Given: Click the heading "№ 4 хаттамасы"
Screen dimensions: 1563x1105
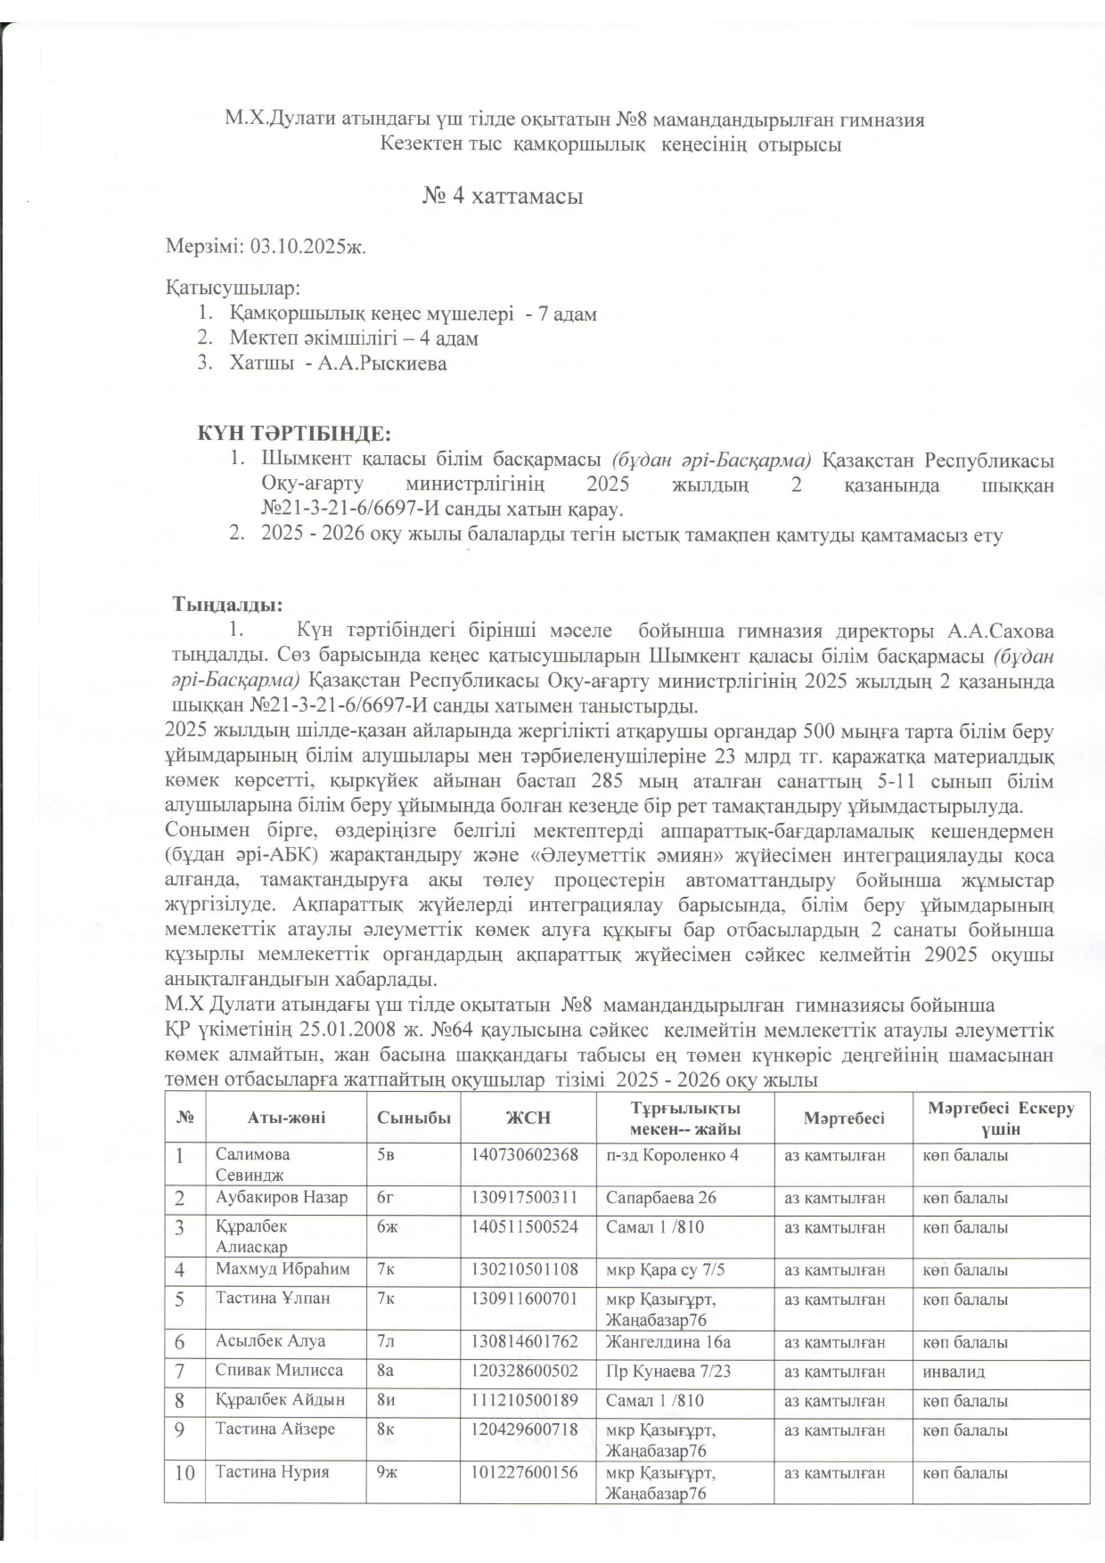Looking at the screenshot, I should click(x=503, y=196).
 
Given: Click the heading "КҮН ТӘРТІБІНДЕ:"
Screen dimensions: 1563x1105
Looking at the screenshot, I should click(x=294, y=434).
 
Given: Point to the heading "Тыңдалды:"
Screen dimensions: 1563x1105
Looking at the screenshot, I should click(x=227, y=606).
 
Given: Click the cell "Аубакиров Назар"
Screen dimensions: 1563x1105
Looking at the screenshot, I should click(x=281, y=1198).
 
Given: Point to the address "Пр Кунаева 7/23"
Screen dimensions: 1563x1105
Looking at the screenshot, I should click(x=668, y=1371).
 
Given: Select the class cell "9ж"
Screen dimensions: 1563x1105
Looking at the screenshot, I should click(x=387, y=1472).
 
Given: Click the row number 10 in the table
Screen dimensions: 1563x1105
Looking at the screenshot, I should click(x=184, y=1473).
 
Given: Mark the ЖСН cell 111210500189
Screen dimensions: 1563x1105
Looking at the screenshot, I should click(x=524, y=1400).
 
